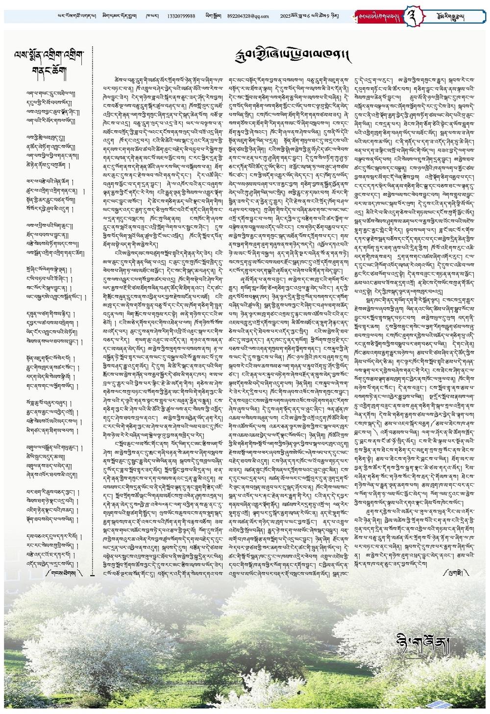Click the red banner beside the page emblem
click(x=379, y=16)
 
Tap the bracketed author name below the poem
click(x=64, y=572)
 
